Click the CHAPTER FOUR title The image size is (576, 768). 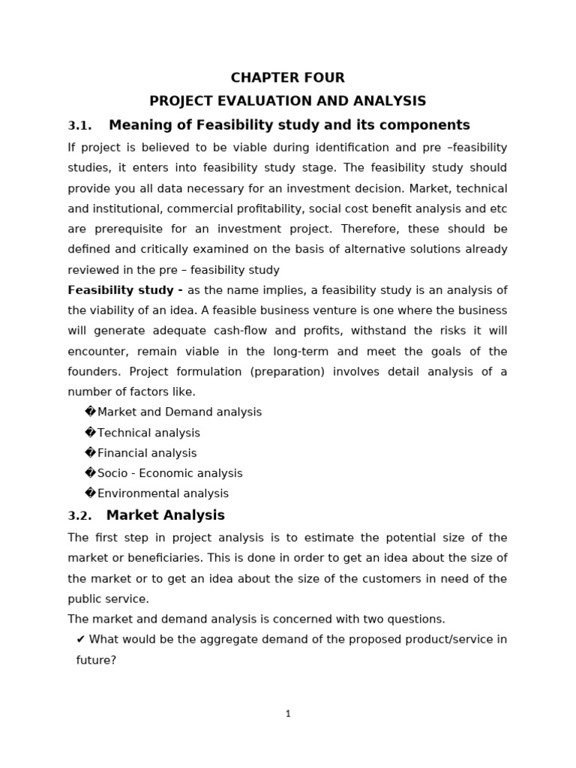pos(287,77)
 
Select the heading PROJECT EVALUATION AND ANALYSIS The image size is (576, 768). pos(287,100)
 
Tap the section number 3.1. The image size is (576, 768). pos(79,125)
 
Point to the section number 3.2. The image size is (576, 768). pos(79,516)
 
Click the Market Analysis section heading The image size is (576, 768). pos(165,515)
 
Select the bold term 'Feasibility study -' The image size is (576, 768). pos(125,290)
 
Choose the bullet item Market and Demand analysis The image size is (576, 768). pos(179,412)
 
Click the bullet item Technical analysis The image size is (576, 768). pos(148,433)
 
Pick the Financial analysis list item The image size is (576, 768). pos(147,453)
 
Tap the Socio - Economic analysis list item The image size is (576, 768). pos(169,473)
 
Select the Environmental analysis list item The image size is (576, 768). pos(163,493)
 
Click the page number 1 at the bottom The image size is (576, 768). pos(288,714)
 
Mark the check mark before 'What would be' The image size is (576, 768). pos(81,639)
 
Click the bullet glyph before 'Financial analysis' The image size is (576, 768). pos(91,453)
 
